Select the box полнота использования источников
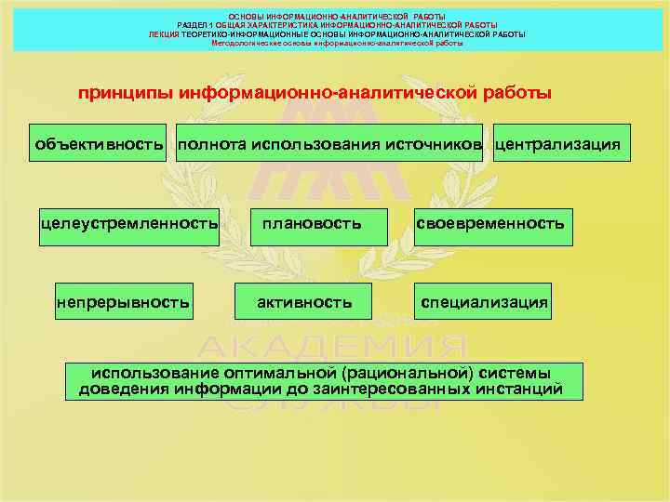coord(330,144)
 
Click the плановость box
coord(311,226)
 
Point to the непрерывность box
coord(124,301)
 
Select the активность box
coord(304,301)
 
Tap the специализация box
coord(484,301)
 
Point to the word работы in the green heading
coord(516,94)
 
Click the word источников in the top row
coord(435,145)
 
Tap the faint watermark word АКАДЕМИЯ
coord(333,349)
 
